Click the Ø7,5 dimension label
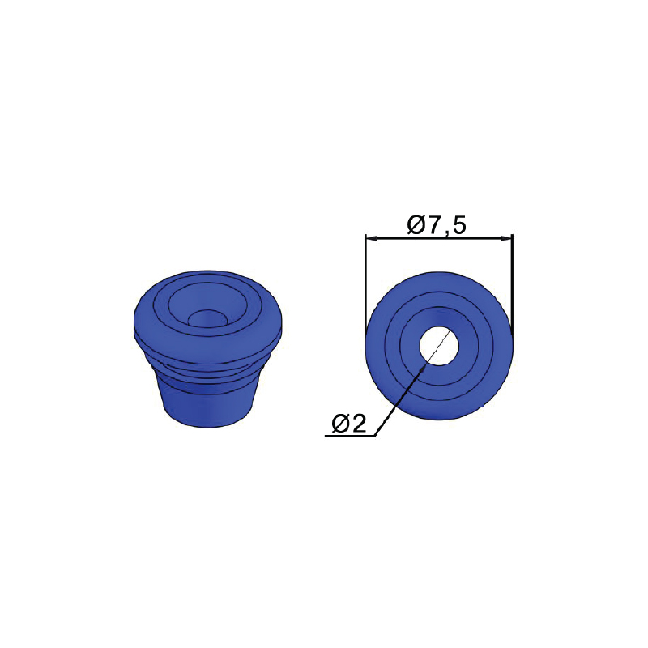click(x=437, y=225)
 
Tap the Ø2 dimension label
click(x=349, y=423)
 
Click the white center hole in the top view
click(x=439, y=346)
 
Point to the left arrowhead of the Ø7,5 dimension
click(x=372, y=238)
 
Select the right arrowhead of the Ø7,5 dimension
click(x=506, y=238)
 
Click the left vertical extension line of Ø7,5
click(x=366, y=284)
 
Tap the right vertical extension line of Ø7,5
click(x=513, y=284)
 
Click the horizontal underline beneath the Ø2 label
click(x=350, y=436)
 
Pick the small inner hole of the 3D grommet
click(x=207, y=319)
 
